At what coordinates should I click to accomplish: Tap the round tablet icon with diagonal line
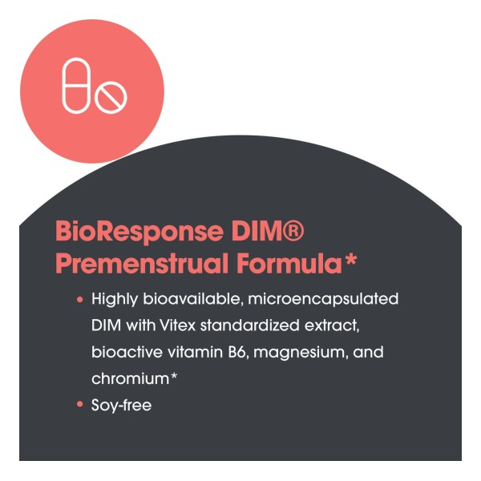coord(111,97)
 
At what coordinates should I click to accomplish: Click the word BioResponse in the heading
coord(139,232)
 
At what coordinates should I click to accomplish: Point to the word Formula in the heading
coord(289,263)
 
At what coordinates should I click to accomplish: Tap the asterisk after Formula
coord(350,260)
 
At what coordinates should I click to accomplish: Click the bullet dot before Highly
coord(80,299)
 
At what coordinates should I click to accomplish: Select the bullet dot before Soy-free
coord(80,405)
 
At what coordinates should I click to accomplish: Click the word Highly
coord(115,299)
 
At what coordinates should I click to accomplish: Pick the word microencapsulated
coord(323,299)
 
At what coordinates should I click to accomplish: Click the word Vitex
coord(177,325)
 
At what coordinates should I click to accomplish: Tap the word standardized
coord(249,325)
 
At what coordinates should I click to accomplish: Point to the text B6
coord(236,352)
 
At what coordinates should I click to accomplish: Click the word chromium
coord(131,379)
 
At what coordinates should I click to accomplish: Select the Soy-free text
coord(122,406)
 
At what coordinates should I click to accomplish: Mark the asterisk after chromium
coord(174,376)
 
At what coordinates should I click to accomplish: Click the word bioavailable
coord(193,299)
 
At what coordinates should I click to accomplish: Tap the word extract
coord(331,326)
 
